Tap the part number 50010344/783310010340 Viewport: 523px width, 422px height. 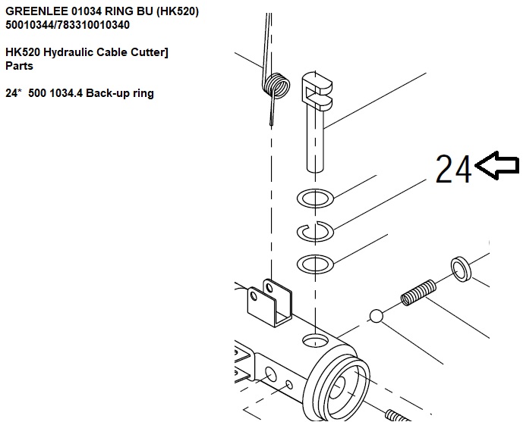coord(68,25)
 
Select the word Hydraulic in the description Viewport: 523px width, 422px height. coord(69,52)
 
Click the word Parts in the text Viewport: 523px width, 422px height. coord(19,66)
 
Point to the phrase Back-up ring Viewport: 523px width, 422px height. coord(120,93)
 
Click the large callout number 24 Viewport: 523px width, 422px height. coord(454,169)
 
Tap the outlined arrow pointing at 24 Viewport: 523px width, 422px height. coord(496,165)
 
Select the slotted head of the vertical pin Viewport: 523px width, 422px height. coord(317,90)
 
